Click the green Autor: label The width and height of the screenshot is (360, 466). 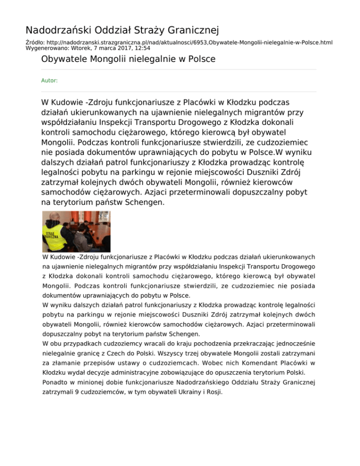pos(49,81)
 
